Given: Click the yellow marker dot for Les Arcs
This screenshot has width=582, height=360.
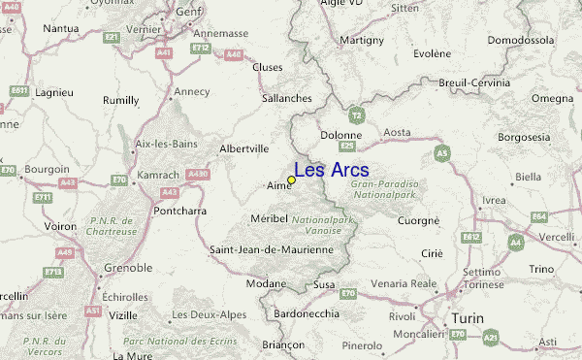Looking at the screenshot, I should [292, 180].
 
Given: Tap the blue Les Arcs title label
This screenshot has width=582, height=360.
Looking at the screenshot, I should [331, 170].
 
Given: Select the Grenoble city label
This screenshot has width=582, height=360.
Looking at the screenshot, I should [127, 267].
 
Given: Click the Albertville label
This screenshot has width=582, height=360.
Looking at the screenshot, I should [244, 148].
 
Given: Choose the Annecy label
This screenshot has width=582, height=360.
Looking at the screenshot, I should [192, 92].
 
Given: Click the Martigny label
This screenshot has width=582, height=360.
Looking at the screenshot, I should [362, 41].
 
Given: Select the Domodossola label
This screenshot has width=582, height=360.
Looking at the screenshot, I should [519, 41].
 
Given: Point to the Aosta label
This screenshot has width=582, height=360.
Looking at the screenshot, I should [398, 132].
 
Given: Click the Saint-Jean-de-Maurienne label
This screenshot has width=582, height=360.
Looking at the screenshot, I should [272, 249].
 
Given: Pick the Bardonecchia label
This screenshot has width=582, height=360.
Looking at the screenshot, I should [307, 312].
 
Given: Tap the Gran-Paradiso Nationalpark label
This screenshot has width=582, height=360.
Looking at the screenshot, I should [384, 188].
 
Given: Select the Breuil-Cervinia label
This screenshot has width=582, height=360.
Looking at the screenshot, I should [474, 83].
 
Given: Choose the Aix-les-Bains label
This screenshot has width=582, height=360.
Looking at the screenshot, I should [167, 144].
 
